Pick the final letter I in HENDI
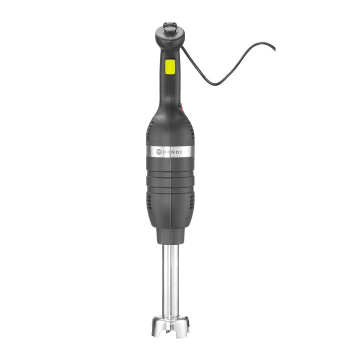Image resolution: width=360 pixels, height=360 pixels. click(181, 151)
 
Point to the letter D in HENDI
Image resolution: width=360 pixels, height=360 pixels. click(176, 151)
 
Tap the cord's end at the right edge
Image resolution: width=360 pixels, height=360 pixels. click(273, 48)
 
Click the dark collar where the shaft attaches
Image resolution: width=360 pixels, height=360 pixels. click(169, 235)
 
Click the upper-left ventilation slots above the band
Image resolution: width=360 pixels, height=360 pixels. click(148, 132)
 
